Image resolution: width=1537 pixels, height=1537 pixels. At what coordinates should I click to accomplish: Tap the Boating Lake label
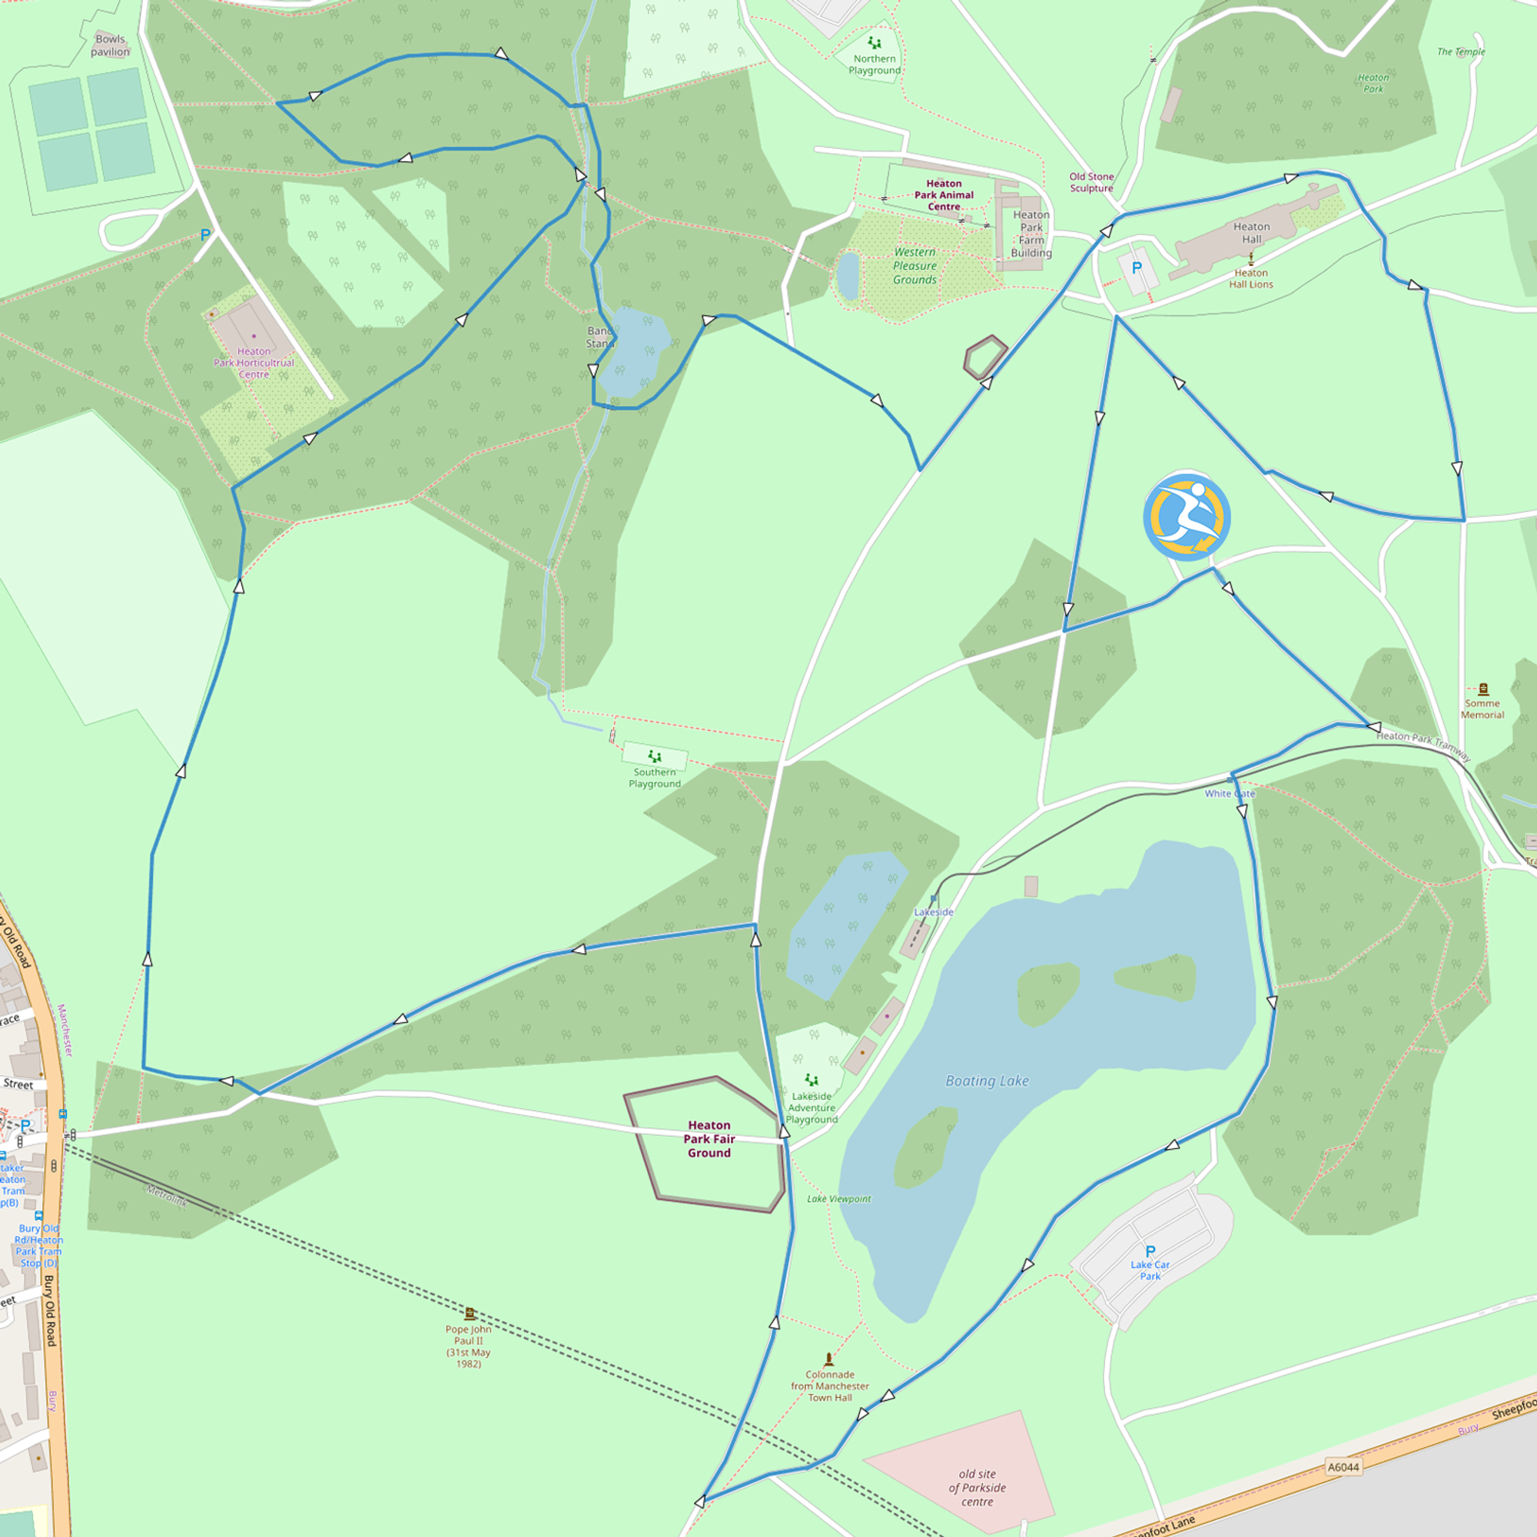[x=987, y=1081]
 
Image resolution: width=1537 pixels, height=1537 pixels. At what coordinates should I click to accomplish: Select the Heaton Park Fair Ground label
[x=709, y=1139]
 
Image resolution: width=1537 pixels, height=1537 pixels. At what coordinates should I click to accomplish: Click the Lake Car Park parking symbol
[x=1150, y=1251]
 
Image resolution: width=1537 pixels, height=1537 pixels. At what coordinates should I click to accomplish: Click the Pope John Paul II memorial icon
[x=470, y=1313]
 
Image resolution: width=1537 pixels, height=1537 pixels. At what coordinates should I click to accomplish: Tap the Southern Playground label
[x=655, y=778]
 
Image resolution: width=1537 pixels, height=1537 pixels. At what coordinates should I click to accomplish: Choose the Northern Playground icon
[x=875, y=43]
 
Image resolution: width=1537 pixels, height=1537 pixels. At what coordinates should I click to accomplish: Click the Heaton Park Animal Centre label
[x=944, y=195]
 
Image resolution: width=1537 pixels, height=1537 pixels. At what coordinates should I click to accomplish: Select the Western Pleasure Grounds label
[x=914, y=266]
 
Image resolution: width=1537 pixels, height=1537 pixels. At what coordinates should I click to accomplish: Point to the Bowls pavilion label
[x=110, y=45]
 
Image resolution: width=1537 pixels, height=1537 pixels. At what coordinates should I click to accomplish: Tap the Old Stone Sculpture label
[x=1091, y=182]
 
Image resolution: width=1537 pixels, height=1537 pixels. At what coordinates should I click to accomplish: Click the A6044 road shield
[x=1343, y=1467]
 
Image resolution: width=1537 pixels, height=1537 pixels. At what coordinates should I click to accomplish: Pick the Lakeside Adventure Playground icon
[x=812, y=1080]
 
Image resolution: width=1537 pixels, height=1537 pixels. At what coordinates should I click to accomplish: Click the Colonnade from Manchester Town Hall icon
[x=829, y=1359]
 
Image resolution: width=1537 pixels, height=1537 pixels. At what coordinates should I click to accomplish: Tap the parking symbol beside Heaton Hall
[x=1136, y=269]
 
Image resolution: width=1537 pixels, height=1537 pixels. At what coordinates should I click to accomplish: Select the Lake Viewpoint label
[x=838, y=1199]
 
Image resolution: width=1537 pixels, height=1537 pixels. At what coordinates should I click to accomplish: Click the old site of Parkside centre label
[x=977, y=1488]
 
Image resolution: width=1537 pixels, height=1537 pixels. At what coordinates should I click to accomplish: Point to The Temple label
[x=1461, y=51]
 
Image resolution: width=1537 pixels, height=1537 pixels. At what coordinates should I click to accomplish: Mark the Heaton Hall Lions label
[x=1250, y=278]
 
